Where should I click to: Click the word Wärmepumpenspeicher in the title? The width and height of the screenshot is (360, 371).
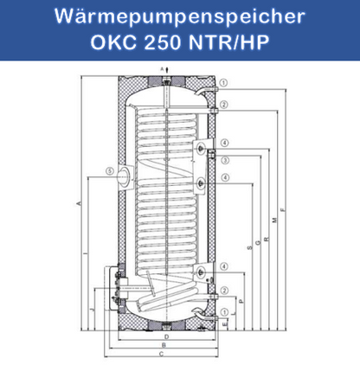pos(179,16)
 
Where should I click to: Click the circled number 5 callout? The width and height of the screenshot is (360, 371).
pos(109,171)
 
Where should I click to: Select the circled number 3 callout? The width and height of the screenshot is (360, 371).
pos(223,161)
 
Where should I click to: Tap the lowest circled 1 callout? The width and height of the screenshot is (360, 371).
pos(223,311)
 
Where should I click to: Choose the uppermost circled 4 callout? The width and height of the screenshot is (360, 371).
pos(223,143)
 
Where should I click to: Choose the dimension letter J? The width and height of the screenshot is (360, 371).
pos(89,309)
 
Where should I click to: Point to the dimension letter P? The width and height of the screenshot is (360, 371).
pos(241,300)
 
